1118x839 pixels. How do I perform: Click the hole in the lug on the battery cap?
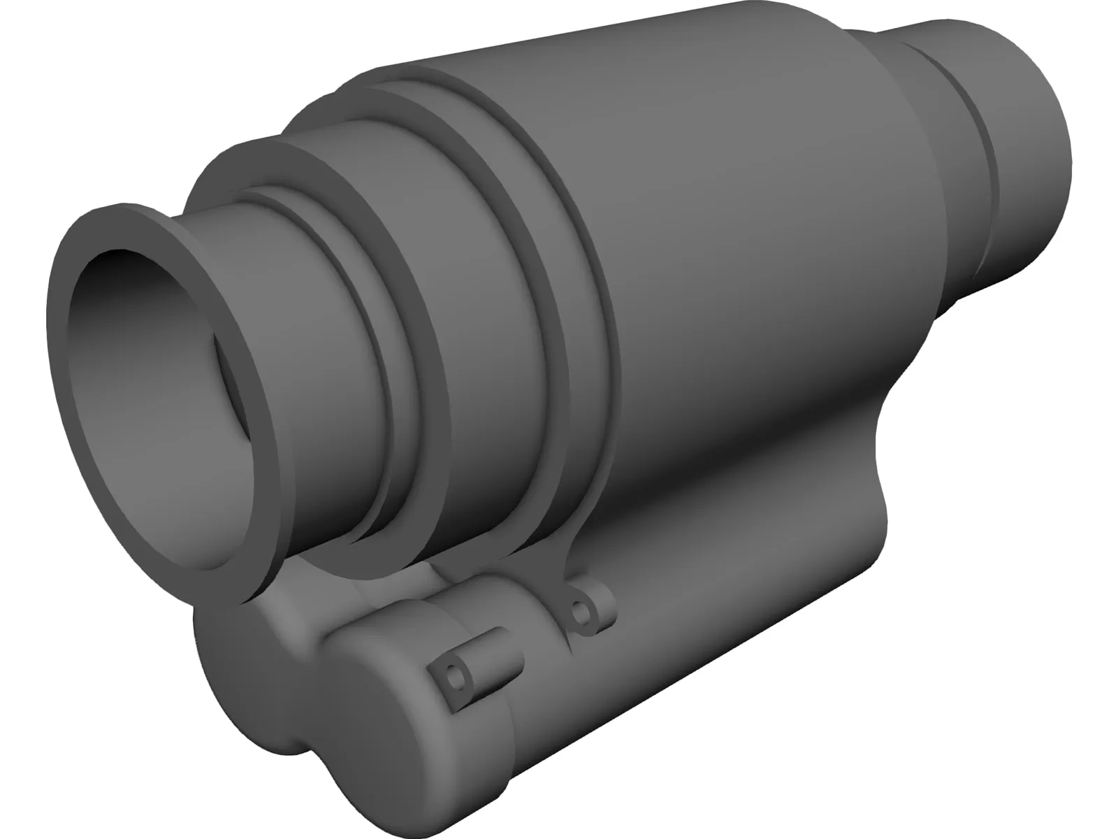(x=455, y=674)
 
